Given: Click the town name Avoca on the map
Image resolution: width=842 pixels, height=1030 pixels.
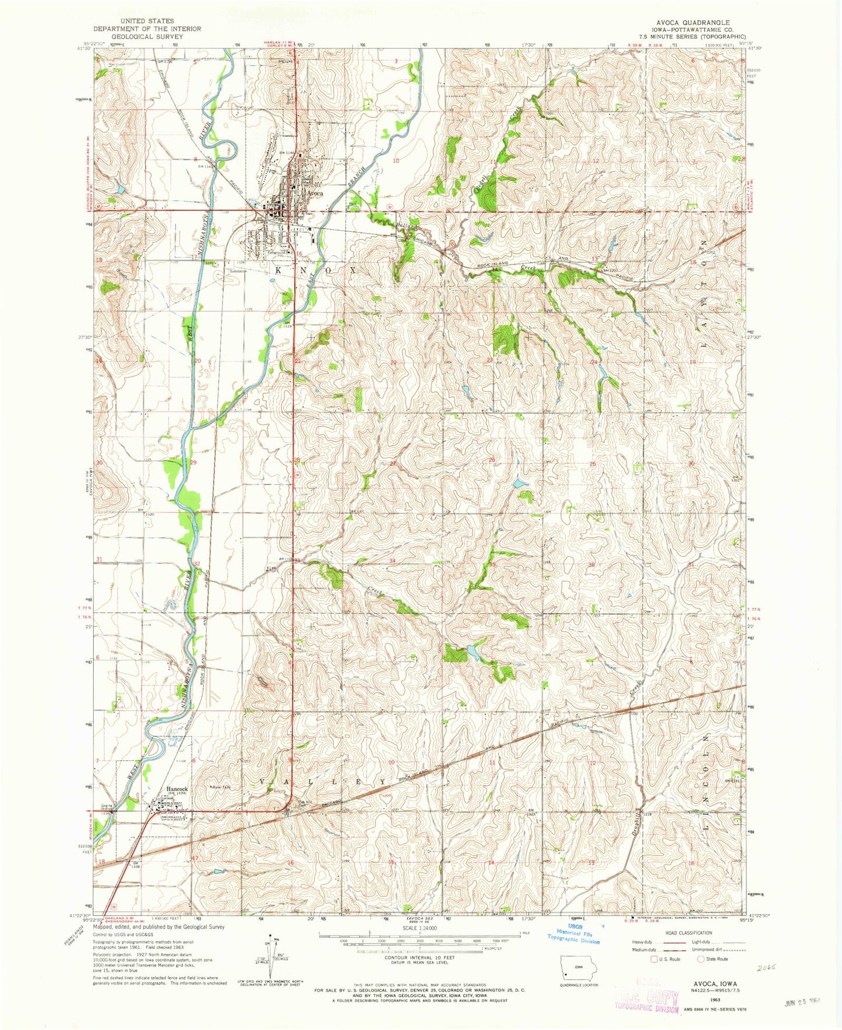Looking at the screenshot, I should pos(315,194).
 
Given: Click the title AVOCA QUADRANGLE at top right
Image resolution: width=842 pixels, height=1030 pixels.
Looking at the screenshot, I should pos(691,23).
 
